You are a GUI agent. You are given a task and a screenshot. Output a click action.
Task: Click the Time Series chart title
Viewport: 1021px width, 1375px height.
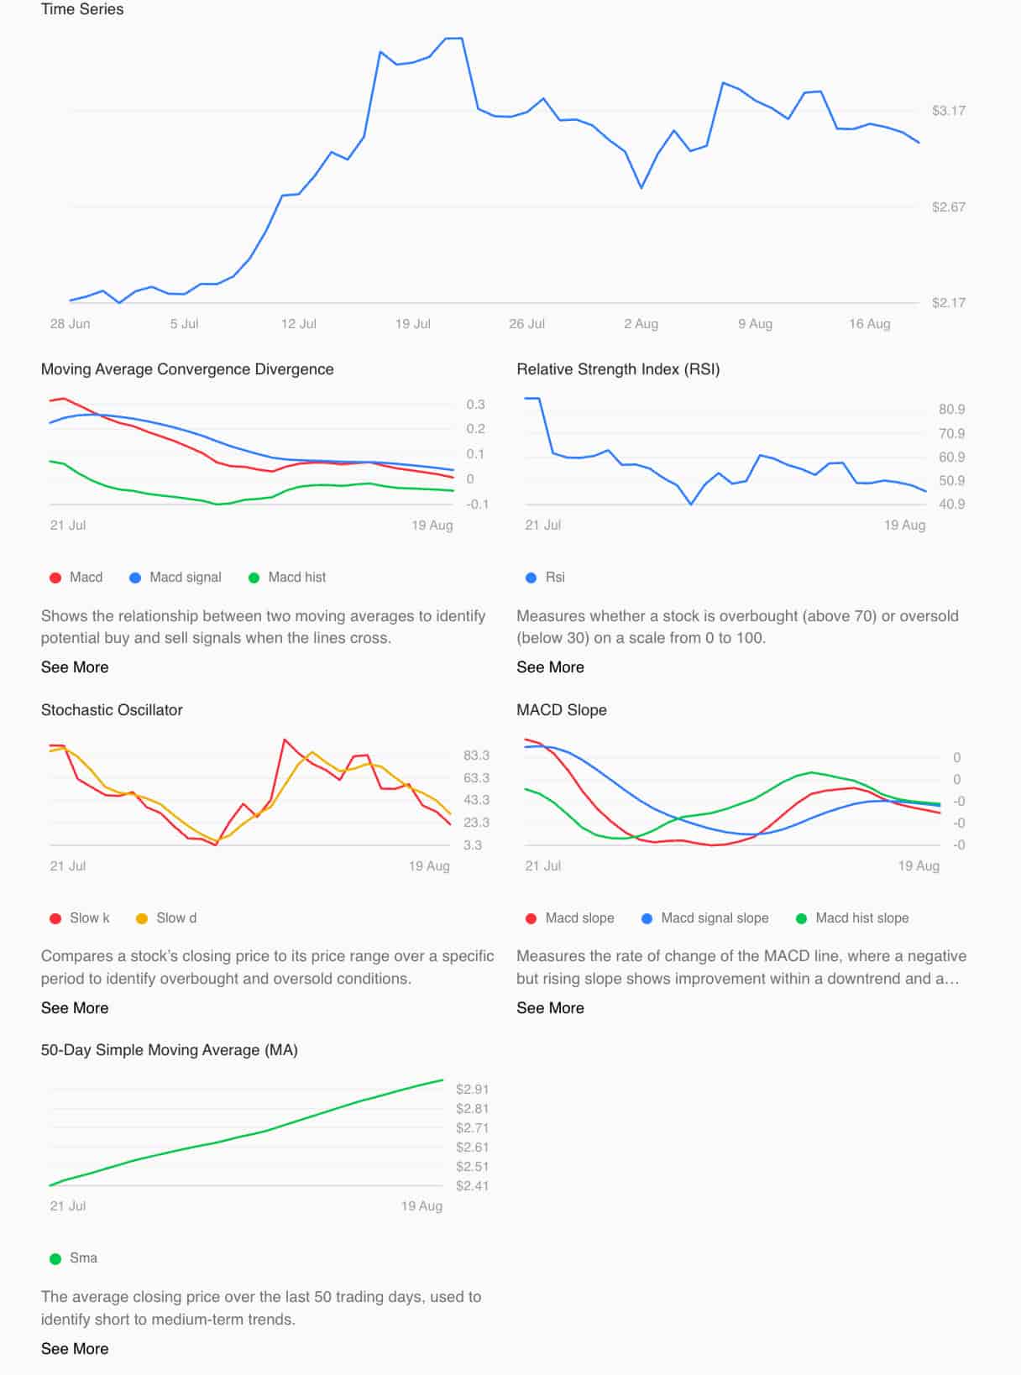82,9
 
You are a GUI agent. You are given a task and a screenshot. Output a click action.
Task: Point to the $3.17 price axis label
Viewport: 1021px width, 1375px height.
948,111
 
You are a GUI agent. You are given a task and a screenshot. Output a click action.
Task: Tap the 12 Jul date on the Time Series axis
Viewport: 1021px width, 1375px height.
298,324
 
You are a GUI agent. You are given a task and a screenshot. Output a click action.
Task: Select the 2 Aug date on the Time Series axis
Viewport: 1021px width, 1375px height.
641,324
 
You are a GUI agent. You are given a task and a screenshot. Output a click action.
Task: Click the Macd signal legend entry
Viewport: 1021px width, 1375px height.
175,578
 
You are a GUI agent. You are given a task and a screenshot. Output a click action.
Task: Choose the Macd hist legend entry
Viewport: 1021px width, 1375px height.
287,578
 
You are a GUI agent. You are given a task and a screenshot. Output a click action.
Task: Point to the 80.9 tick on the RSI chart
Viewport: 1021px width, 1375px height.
951,410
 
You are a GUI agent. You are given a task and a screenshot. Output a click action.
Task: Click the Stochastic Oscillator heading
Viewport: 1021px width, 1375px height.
112,710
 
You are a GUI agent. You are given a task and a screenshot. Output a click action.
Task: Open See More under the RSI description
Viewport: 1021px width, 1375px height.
550,667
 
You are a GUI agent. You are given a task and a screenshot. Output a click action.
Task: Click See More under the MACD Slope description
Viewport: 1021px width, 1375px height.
550,1008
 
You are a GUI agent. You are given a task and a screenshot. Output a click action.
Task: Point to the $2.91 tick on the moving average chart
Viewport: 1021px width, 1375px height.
472,1090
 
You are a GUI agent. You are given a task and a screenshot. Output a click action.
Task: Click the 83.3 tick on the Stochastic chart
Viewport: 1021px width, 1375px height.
476,755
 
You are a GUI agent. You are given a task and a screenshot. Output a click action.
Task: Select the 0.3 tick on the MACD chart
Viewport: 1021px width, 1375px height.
475,405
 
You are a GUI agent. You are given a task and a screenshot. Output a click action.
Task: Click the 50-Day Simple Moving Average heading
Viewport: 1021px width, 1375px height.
170,1050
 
